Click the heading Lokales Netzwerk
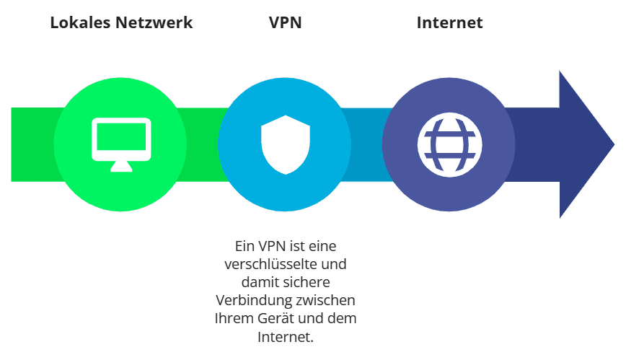point(121,22)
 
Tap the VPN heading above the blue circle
point(285,22)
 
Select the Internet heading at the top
point(449,22)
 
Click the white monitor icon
point(121,144)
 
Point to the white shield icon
point(286,144)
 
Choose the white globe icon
point(449,144)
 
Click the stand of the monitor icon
point(121,166)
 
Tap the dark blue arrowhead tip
point(614,144)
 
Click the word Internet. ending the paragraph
point(286,337)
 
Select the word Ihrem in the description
point(234,318)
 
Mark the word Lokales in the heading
point(80,22)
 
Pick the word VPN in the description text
point(273,246)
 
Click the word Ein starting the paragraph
point(244,246)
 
